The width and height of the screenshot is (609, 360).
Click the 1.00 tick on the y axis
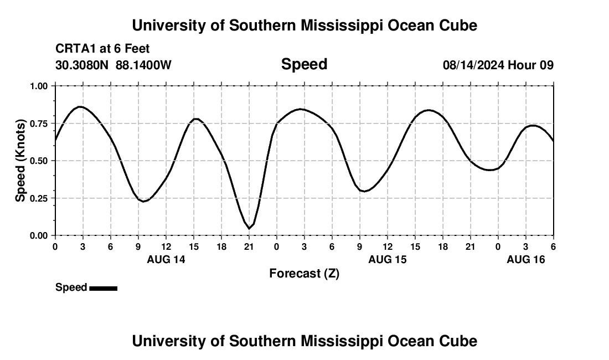[39, 86]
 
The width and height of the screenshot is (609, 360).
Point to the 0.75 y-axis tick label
[39, 124]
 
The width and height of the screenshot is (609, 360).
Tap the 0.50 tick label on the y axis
[39, 161]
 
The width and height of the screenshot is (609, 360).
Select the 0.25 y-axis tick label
[39, 198]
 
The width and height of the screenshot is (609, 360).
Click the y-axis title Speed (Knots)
[20, 161]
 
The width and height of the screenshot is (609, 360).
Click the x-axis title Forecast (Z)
[304, 273]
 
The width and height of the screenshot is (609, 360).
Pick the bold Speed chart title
[304, 64]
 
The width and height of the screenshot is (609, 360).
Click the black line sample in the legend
[103, 288]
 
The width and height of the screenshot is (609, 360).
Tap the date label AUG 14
[166, 259]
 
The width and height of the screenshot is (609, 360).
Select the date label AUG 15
[388, 259]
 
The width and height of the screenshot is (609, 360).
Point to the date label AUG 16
[526, 259]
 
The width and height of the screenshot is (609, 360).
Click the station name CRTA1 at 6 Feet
[102, 49]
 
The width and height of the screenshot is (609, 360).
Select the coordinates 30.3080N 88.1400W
[113, 65]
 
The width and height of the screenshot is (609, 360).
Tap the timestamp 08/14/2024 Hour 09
[498, 65]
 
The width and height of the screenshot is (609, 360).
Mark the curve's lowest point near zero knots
[249, 228]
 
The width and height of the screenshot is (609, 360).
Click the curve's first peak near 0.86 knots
[81, 106]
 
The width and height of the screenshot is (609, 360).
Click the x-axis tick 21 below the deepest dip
[249, 246]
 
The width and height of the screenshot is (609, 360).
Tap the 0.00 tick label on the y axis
[39, 235]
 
